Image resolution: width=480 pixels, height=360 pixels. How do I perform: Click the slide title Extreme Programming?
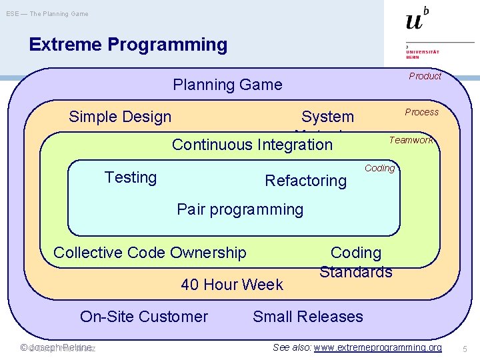point(128,45)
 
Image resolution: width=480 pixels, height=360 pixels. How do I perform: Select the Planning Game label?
point(227,85)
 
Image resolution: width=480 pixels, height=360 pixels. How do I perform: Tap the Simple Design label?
point(120,117)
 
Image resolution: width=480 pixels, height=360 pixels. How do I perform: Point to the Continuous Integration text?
point(252,144)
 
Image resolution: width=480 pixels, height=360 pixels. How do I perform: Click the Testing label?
point(131,177)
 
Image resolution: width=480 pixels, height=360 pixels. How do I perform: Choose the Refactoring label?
point(306,180)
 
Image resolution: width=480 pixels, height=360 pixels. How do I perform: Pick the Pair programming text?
point(240,209)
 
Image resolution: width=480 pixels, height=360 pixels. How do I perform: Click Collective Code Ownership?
point(149,253)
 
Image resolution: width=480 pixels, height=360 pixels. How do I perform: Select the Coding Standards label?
point(356,262)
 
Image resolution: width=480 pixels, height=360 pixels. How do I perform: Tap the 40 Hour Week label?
point(232,285)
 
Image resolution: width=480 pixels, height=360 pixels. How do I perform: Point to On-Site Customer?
point(144,317)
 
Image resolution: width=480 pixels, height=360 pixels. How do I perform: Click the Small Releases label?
point(308,317)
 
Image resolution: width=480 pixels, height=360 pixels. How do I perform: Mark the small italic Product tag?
point(425,76)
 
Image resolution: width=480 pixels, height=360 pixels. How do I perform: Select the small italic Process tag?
point(422,112)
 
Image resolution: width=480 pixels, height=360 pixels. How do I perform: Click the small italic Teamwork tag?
point(411,140)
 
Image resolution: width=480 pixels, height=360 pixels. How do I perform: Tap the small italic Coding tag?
point(380,168)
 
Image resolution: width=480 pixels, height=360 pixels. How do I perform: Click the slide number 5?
point(465,348)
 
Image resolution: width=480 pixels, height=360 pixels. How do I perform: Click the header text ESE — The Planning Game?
point(47,14)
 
